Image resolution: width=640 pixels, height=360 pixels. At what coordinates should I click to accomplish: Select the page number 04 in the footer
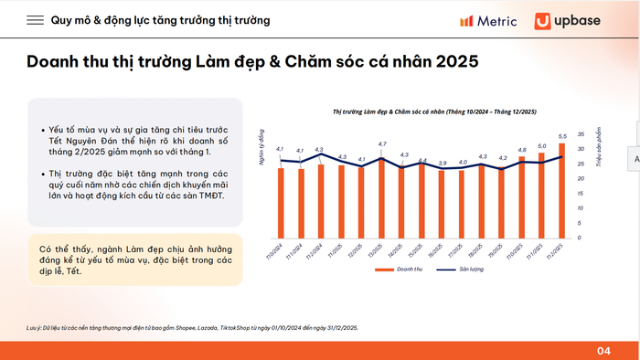tap(603, 350)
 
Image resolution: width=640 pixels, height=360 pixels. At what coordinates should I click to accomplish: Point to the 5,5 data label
tap(562, 136)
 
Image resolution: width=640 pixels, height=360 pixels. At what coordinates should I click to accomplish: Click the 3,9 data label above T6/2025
tap(443, 164)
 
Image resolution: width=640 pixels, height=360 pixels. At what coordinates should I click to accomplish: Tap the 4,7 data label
tap(382, 144)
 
